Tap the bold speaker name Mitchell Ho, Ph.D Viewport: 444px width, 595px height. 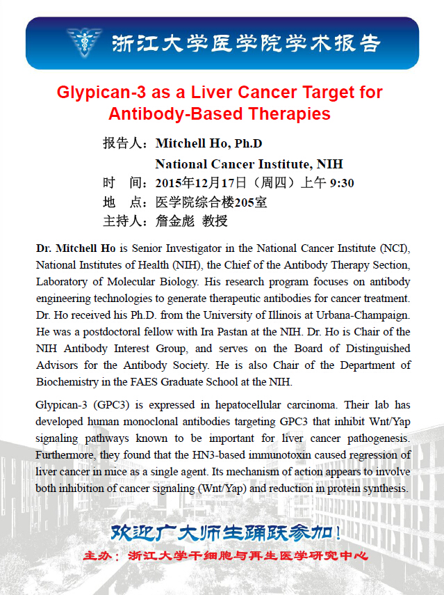pyautogui.click(x=209, y=144)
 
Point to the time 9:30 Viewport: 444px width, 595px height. pyautogui.click(x=342, y=184)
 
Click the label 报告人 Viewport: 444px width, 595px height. pyautogui.click(x=122, y=144)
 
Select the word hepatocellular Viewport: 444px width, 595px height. pyautogui.click(x=235, y=405)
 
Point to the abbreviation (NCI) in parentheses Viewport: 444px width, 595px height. pyautogui.click(x=395, y=248)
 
